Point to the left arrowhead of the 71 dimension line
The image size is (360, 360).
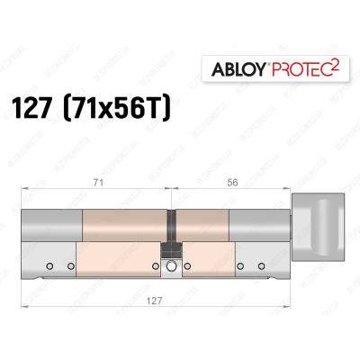pyautogui.click(x=23, y=188)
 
